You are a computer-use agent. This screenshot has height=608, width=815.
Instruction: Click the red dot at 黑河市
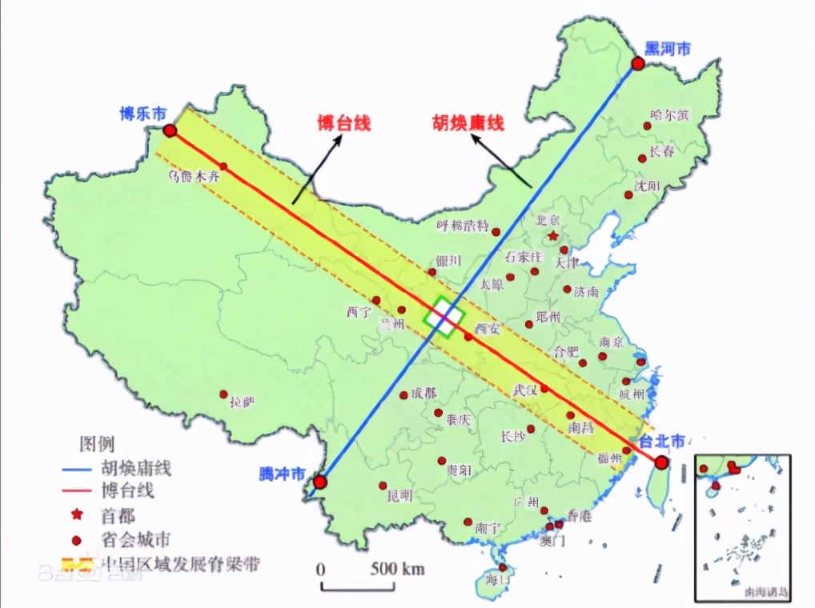click(637, 64)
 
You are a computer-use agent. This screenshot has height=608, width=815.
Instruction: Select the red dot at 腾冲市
click(320, 482)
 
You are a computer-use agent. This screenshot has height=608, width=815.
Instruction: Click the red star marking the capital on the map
click(552, 236)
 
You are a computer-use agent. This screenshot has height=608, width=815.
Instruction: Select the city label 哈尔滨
click(669, 115)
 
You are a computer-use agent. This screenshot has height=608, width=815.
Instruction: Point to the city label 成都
click(425, 393)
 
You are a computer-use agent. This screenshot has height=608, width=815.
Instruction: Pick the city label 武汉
click(524, 390)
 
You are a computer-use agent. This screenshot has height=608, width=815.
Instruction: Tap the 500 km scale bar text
click(396, 570)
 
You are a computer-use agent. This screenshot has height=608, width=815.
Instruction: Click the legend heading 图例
click(96, 443)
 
